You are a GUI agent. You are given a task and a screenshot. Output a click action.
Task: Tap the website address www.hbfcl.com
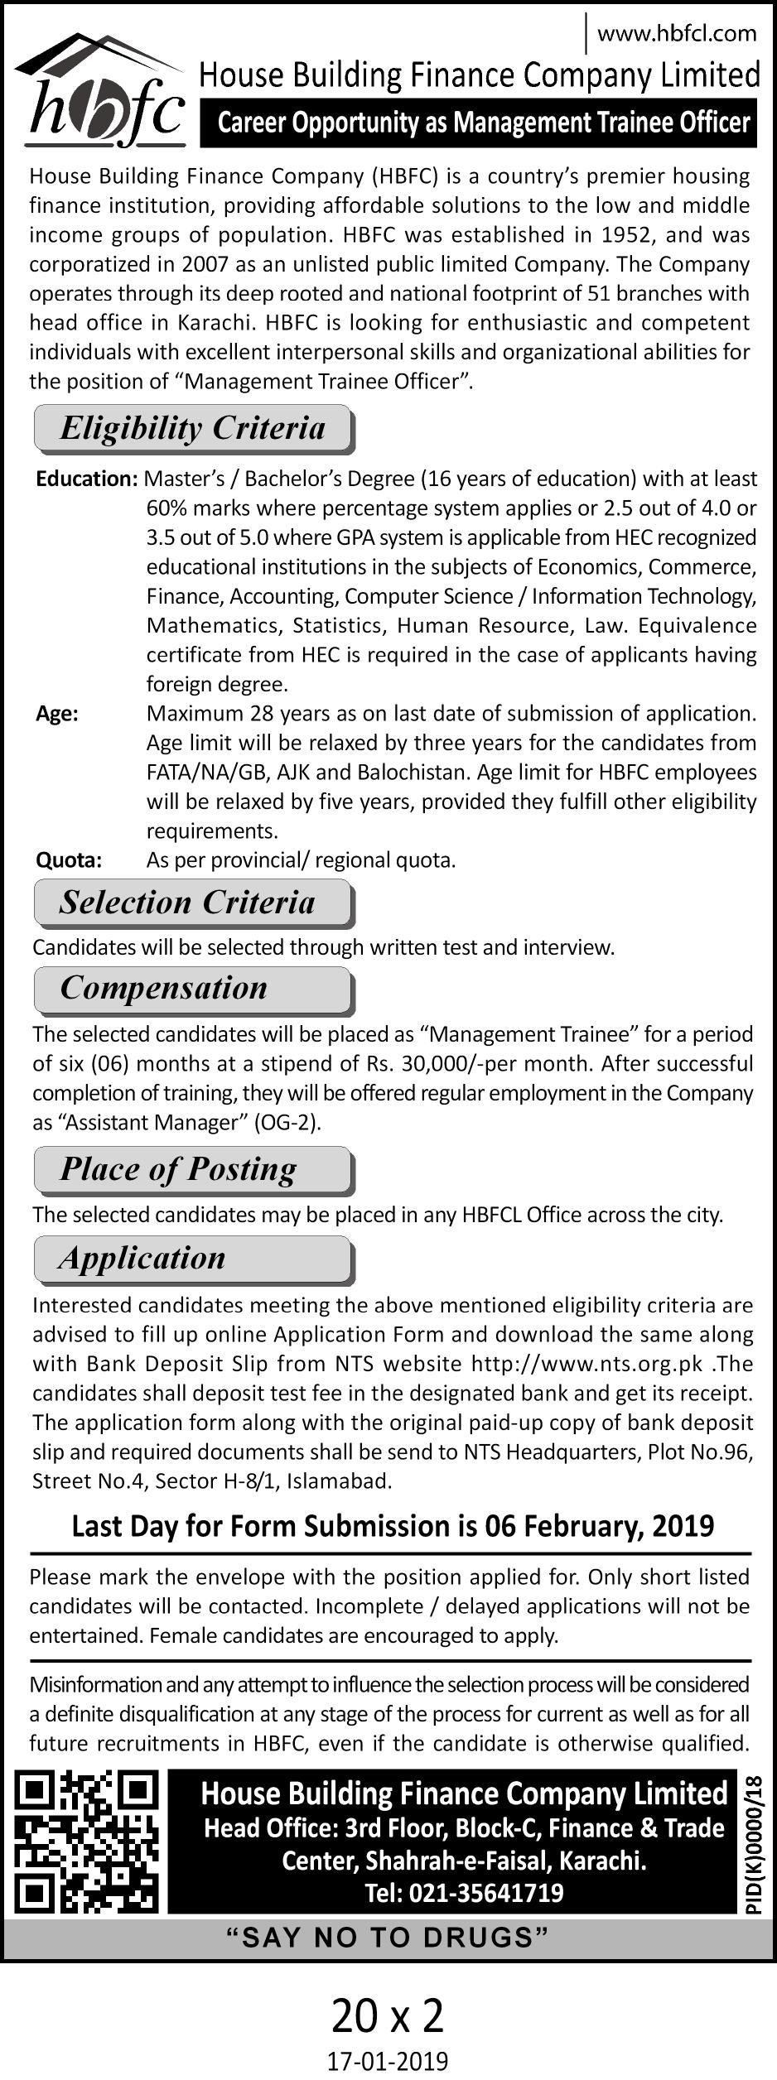click(x=676, y=33)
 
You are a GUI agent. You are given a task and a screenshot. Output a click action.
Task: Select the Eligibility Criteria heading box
click(x=193, y=428)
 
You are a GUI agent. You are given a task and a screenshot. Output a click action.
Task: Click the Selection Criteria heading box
click(x=193, y=903)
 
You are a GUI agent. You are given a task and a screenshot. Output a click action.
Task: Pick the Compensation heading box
click(x=193, y=989)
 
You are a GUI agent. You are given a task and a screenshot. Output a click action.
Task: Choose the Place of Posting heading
click(x=193, y=1169)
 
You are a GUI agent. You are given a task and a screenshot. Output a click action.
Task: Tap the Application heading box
click(x=193, y=1259)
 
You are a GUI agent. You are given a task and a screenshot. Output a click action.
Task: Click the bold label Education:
click(x=86, y=479)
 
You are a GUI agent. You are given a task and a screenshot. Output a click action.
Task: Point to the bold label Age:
click(x=57, y=714)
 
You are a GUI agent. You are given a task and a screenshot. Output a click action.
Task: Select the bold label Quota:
click(x=69, y=860)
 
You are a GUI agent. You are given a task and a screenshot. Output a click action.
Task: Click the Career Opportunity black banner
click(x=479, y=123)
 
